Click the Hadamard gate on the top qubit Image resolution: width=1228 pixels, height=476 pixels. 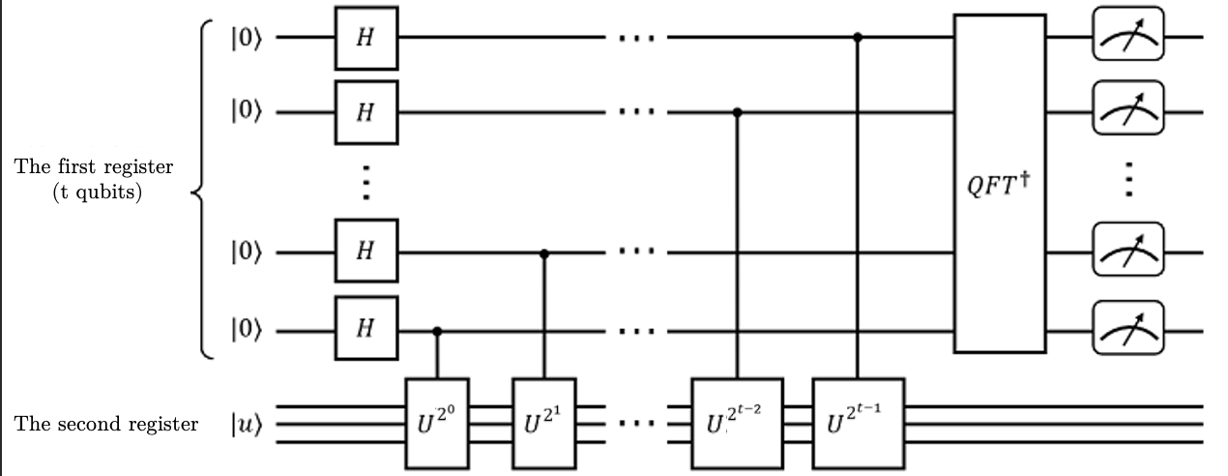click(x=365, y=40)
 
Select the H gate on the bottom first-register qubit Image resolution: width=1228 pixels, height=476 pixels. click(x=365, y=331)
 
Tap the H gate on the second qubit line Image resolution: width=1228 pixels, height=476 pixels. click(x=365, y=112)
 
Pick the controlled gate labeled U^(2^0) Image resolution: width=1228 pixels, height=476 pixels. click(x=437, y=423)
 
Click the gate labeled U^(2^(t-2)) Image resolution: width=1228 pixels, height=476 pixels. click(x=738, y=423)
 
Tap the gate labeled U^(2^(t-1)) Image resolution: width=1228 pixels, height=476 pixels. click(x=859, y=423)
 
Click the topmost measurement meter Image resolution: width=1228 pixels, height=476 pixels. click(x=1127, y=40)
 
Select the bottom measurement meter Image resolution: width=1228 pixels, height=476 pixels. click(x=1127, y=331)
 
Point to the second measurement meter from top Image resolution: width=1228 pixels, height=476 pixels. click(x=1127, y=112)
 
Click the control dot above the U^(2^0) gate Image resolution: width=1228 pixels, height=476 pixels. click(x=437, y=331)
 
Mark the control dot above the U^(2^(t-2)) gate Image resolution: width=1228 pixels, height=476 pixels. click(x=738, y=112)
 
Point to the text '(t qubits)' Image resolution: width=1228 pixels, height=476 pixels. click(x=94, y=192)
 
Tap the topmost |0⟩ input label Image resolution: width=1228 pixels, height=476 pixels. click(x=247, y=40)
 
